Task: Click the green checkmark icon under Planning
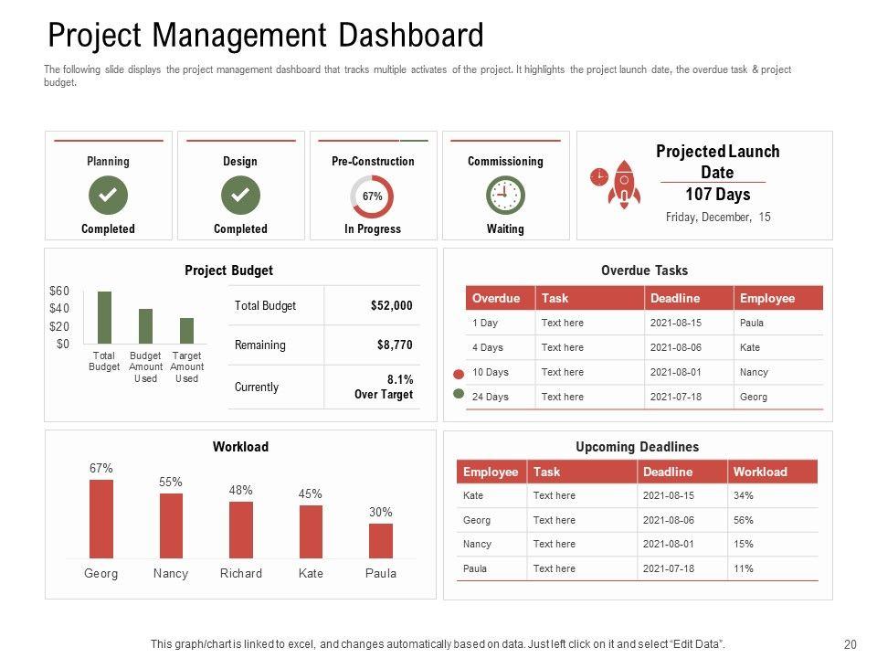108,195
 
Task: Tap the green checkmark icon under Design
240,195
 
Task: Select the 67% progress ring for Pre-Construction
372,196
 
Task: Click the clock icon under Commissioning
504,195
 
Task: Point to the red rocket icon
625,184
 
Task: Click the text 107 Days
717,195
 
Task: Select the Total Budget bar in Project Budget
104,317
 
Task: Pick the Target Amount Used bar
186,330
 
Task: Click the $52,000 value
391,306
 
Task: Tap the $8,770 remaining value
395,345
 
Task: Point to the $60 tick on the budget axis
59,291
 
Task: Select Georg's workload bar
101,518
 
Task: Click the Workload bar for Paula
381,540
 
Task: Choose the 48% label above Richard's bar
240,491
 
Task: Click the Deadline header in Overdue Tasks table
675,298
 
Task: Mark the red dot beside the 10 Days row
459,375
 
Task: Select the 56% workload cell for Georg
744,520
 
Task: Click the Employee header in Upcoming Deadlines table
491,472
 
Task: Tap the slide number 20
850,644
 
